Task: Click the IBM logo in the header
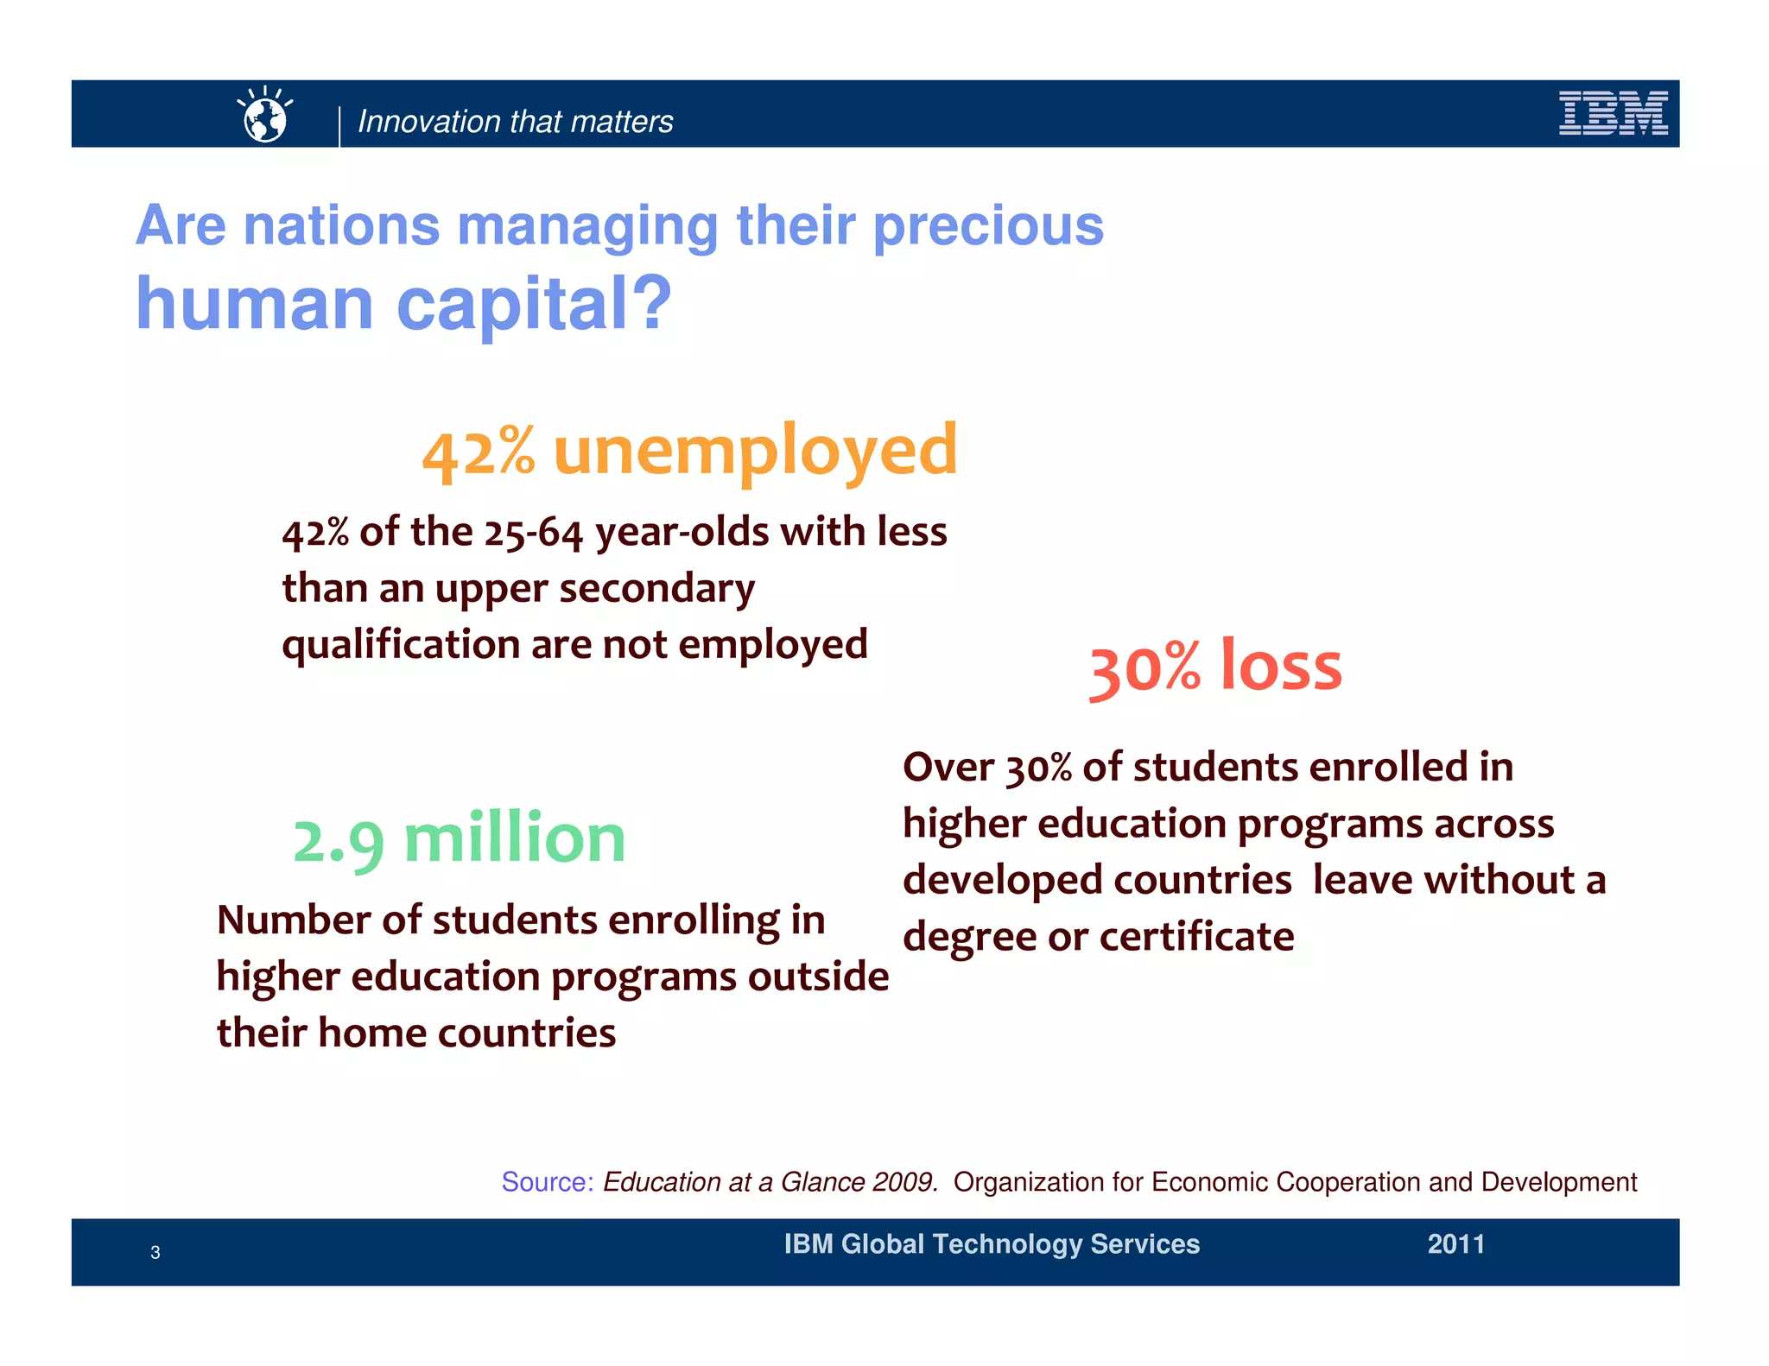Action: (x=1613, y=114)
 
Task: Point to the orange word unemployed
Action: (x=755, y=452)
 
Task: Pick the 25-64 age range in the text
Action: (x=533, y=533)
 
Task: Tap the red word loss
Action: (x=1281, y=667)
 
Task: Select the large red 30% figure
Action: (x=1144, y=669)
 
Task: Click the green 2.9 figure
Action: (x=338, y=842)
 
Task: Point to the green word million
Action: (x=515, y=839)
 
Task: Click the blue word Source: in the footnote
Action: (x=547, y=1182)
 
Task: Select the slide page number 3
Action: (x=155, y=1253)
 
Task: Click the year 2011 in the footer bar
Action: (x=1455, y=1244)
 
